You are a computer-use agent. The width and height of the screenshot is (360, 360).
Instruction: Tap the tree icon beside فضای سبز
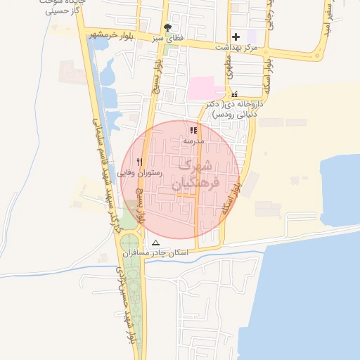(167, 27)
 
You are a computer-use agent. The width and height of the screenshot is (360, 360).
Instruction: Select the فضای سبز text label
(169, 38)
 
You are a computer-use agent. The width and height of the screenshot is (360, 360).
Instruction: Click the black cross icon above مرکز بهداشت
(236, 36)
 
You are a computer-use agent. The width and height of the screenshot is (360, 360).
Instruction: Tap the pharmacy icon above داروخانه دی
(234, 94)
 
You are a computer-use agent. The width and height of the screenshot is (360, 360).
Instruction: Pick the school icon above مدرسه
(193, 130)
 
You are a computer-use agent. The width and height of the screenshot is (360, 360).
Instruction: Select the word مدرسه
(193, 141)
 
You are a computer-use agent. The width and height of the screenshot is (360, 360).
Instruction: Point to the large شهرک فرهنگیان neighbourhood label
(195, 174)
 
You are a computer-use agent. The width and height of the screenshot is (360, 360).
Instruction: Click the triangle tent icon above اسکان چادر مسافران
(155, 243)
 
